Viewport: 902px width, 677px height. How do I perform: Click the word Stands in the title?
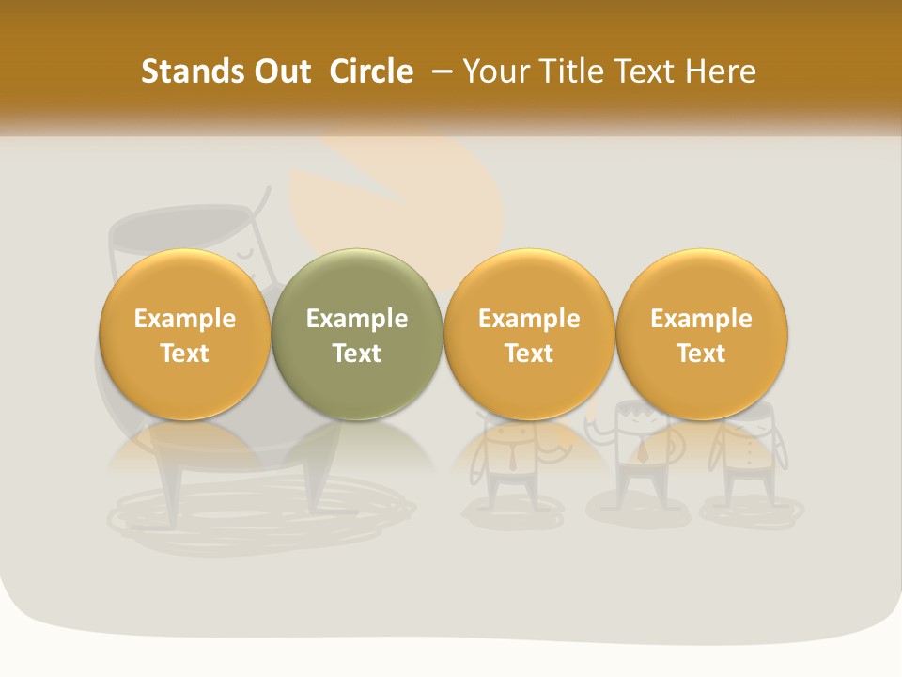179,71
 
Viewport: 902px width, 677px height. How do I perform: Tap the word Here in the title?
723,71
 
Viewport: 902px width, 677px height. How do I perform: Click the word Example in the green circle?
357,319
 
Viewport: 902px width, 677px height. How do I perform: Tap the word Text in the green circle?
357,354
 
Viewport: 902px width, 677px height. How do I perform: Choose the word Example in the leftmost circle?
184,319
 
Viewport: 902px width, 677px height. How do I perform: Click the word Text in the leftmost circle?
184,354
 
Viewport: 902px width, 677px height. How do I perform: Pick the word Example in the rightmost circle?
701,319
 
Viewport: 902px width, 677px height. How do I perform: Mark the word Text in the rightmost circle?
701,354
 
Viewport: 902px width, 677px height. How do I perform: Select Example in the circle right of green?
529,319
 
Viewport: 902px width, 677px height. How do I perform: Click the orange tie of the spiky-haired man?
643,450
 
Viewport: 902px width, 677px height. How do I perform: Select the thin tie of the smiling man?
513,456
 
